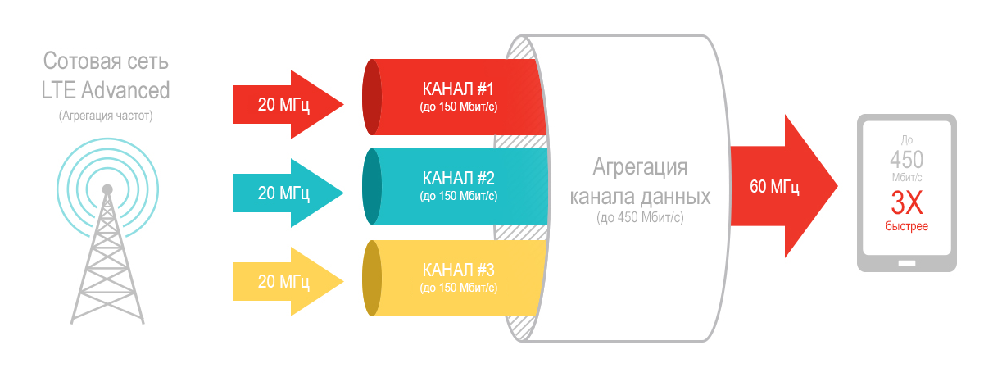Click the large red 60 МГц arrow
tap(778, 186)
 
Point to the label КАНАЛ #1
tap(458, 89)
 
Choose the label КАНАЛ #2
tap(458, 178)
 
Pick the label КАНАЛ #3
tap(458, 270)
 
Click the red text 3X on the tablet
tap(907, 201)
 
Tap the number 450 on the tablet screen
tap(907, 159)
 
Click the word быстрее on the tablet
tap(907, 225)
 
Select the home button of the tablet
tap(906, 263)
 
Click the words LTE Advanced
tap(106, 89)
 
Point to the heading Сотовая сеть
tap(106, 62)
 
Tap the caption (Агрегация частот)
tap(106, 116)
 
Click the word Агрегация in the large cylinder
tap(640, 168)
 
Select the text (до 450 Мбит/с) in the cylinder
tap(640, 219)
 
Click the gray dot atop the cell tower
tap(107, 189)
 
